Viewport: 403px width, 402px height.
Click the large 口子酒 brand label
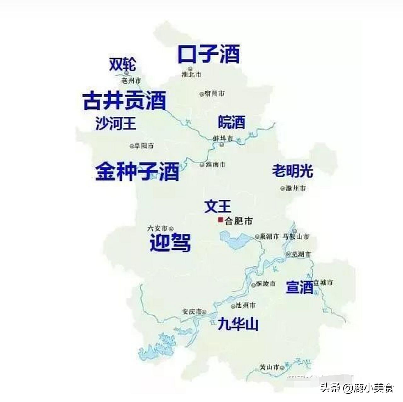209,54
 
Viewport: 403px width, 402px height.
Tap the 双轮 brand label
122,64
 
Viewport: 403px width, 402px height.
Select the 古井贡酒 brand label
124,101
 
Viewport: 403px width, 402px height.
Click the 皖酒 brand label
231,122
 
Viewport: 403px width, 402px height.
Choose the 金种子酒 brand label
137,171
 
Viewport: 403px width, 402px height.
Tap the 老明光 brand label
292,171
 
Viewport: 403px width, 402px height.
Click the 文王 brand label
218,206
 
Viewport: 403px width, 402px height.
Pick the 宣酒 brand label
299,287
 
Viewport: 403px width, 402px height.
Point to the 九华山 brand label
238,324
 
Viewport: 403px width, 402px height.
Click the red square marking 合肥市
220,220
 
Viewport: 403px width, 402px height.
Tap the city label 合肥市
239,221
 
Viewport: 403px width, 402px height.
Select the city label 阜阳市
144,146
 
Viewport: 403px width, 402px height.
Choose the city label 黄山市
270,367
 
